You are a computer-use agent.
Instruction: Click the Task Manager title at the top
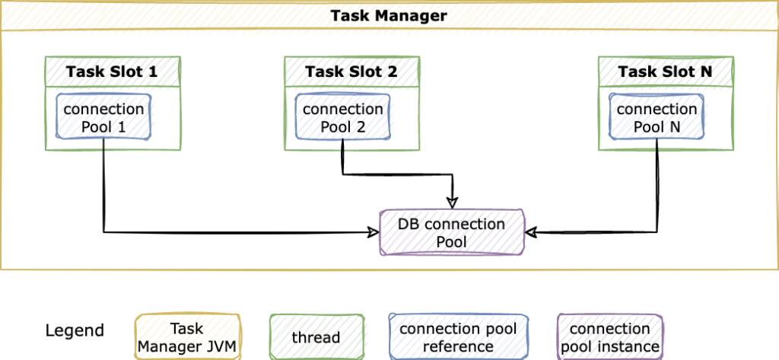pos(389,16)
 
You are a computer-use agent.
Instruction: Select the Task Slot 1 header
pos(112,72)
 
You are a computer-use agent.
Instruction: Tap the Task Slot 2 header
pos(351,72)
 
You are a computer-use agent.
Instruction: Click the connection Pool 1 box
pos(103,117)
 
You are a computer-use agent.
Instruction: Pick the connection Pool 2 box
pos(342,117)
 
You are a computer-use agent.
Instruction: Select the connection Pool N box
pos(657,117)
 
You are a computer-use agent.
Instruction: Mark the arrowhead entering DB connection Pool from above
pos(453,202)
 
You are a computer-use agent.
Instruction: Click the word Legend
pos(75,331)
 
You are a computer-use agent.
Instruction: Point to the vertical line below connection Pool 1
pos(103,186)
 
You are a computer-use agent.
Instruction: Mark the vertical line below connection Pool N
pos(657,186)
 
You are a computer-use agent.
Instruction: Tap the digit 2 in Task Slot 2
pos(393,72)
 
